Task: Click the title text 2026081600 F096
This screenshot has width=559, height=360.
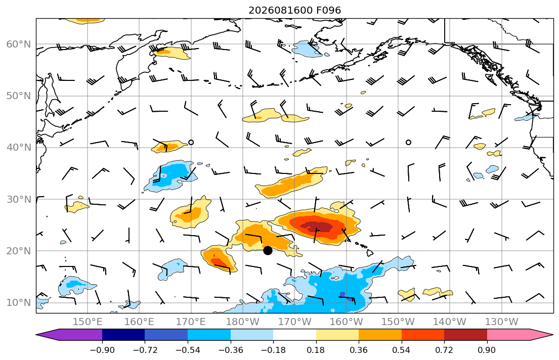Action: click(294, 10)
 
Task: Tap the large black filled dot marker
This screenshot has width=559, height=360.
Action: click(268, 251)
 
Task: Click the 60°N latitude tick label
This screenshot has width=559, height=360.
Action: click(19, 44)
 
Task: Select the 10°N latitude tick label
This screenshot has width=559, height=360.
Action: click(19, 303)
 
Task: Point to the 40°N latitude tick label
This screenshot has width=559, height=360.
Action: click(19, 148)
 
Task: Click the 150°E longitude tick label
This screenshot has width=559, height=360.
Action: click(88, 322)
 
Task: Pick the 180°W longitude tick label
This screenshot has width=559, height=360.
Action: click(243, 322)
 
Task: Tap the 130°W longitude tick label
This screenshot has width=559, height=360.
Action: click(502, 322)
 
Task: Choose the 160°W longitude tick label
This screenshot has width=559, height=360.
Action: click(346, 322)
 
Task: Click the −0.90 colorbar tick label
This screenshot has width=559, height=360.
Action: click(102, 350)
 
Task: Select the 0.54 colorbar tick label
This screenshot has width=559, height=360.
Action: click(402, 350)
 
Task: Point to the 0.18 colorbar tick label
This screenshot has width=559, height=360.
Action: click(316, 350)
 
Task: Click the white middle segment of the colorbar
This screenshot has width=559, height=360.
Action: click(294, 335)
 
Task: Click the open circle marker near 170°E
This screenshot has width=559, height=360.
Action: click(191, 142)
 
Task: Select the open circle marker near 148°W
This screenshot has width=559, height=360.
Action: click(408, 142)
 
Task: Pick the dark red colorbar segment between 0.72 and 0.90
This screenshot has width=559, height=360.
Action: click(465, 335)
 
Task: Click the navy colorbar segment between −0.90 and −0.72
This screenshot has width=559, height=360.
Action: click(123, 335)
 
